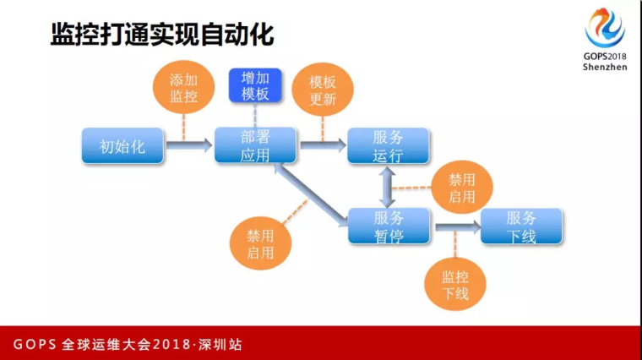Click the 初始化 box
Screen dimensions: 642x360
pyautogui.click(x=122, y=146)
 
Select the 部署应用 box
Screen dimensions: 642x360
pyautogui.click(x=255, y=145)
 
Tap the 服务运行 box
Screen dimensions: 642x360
pyautogui.click(x=388, y=145)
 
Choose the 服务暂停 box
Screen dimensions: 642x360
pyautogui.click(x=389, y=226)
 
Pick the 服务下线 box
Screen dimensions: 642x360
pyautogui.click(x=521, y=226)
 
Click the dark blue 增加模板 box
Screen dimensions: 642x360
pyautogui.click(x=255, y=85)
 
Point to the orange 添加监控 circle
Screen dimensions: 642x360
pyautogui.click(x=183, y=87)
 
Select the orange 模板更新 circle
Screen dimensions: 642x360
pyautogui.click(x=322, y=90)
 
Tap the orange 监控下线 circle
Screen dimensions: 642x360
pyautogui.click(x=454, y=284)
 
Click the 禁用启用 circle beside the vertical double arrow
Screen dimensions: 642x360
pyautogui.click(x=462, y=187)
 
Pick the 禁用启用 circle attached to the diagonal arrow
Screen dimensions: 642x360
pyautogui.click(x=260, y=243)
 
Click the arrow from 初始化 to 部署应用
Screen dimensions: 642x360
pyautogui.click(x=189, y=145)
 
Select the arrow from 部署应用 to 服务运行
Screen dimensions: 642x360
pyautogui.click(x=323, y=145)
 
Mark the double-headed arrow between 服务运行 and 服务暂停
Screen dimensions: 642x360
pyautogui.click(x=387, y=187)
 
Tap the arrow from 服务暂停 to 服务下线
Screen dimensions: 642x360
pyautogui.click(x=458, y=226)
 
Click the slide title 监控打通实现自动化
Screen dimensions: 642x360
pyautogui.click(x=162, y=35)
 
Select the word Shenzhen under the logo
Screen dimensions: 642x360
pyautogui.click(x=605, y=67)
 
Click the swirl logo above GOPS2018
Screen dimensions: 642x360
pyautogui.click(x=605, y=28)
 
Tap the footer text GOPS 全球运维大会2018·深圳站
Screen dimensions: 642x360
pyautogui.click(x=128, y=345)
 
